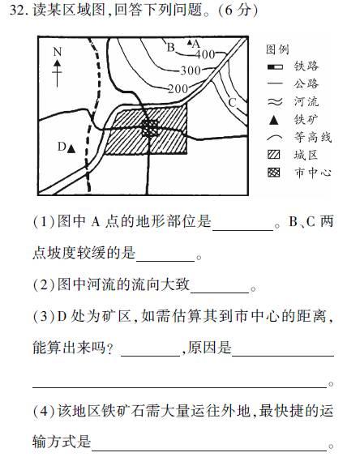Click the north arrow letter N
[x=57, y=52]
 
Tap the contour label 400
[x=205, y=53]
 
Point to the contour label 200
[x=177, y=88]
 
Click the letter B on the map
[x=170, y=47]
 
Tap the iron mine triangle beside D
[x=71, y=149]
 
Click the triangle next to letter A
[x=190, y=42]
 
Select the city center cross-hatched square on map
[x=149, y=128]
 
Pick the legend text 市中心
[x=312, y=173]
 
